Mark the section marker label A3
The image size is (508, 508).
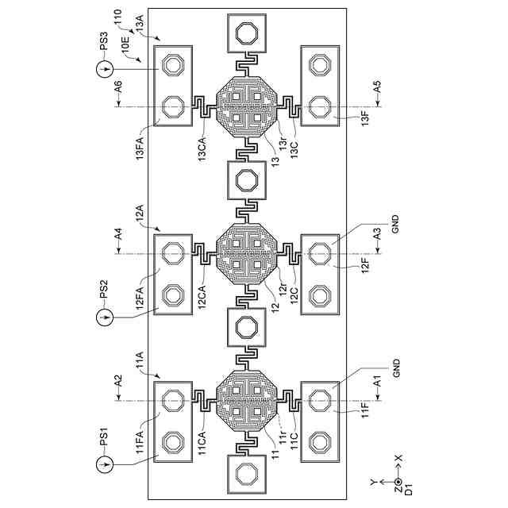click(x=377, y=233)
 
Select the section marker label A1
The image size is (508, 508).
click(x=377, y=382)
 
